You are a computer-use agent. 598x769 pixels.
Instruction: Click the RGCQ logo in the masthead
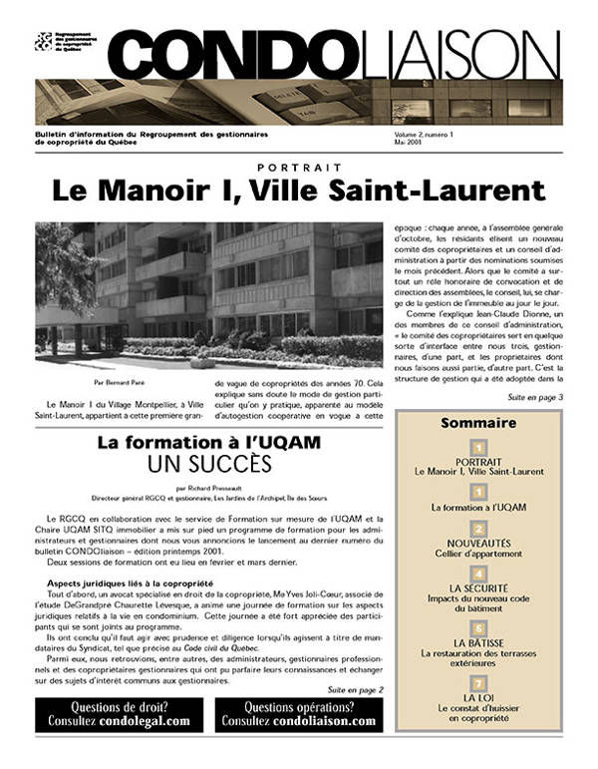[x=44, y=41]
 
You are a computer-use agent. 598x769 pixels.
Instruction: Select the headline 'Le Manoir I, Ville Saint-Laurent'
[x=298, y=191]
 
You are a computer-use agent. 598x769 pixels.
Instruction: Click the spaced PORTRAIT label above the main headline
[x=299, y=167]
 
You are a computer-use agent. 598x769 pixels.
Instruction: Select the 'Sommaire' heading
[x=478, y=423]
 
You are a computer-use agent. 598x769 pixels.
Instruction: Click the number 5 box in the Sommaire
[x=478, y=628]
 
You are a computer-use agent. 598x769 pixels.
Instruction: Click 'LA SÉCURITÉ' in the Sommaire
[x=478, y=590]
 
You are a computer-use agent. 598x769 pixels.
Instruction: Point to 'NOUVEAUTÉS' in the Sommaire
[x=478, y=545]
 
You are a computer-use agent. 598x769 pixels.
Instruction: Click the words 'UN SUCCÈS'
[x=208, y=464]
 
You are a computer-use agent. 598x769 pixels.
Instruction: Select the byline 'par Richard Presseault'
[x=208, y=489]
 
